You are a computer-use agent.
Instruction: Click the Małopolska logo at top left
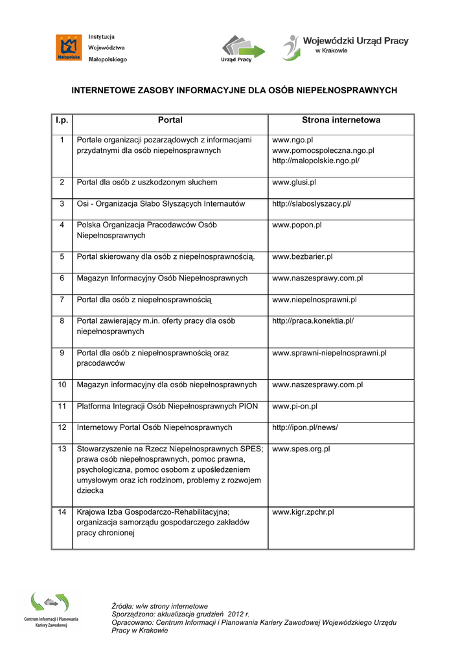(69, 48)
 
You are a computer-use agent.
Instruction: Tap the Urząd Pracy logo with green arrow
(243, 48)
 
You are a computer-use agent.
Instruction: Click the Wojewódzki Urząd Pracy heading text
(356, 41)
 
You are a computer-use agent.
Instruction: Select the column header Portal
(170, 120)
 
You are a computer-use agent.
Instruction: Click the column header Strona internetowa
(341, 120)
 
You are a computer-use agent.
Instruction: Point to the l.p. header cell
(62, 120)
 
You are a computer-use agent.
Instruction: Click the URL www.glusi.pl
(294, 183)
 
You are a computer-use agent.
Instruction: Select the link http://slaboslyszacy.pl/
(311, 204)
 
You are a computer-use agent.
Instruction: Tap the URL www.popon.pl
(297, 225)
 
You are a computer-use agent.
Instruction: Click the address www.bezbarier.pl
(302, 257)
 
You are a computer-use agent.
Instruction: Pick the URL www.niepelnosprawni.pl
(314, 300)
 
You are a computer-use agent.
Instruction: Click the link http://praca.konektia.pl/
(313, 321)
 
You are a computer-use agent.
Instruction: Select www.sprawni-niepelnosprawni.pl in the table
(329, 354)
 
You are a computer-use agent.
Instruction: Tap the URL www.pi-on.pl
(295, 407)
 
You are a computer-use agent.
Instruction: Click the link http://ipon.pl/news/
(305, 428)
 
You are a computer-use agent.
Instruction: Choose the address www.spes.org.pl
(301, 449)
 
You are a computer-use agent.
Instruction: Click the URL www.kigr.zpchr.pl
(303, 512)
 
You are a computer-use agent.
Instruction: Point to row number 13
(62, 449)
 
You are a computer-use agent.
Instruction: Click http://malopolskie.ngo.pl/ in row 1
(315, 161)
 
